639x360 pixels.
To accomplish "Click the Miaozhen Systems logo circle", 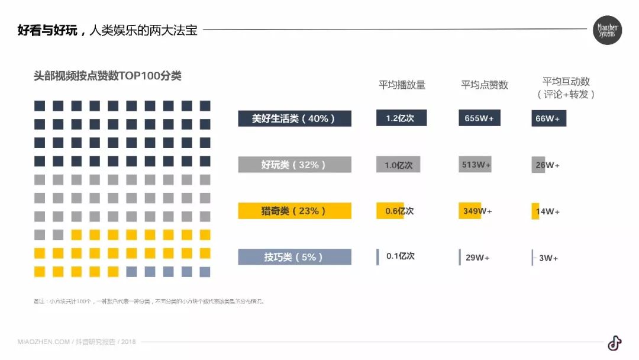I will pyautogui.click(x=607, y=30).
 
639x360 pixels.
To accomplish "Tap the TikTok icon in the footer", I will pyautogui.click(x=614, y=343).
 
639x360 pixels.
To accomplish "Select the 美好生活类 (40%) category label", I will pyautogui.click(x=295, y=118).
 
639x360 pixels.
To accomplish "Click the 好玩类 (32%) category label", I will pyautogui.click(x=295, y=165).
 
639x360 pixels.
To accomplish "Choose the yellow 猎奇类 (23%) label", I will pyautogui.click(x=295, y=211).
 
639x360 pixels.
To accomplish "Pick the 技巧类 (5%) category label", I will pyautogui.click(x=295, y=257).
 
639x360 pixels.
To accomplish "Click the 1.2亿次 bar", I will pyautogui.click(x=401, y=118).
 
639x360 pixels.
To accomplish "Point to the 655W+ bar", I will pyautogui.click(x=479, y=118).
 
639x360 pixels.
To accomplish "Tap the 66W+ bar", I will pyautogui.click(x=548, y=118).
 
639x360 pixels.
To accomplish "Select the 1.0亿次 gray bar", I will pyautogui.click(x=398, y=165).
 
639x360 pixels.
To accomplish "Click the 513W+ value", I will pyautogui.click(x=476, y=165).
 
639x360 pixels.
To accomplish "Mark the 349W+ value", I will pyautogui.click(x=477, y=211).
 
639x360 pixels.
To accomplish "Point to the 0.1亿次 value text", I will pyautogui.click(x=401, y=256).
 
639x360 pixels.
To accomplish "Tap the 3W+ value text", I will pyautogui.click(x=548, y=258).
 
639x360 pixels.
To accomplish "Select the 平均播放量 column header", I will pyautogui.click(x=402, y=85).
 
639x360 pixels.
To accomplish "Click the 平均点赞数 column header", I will pyautogui.click(x=484, y=85).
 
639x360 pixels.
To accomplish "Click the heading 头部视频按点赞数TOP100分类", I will pyautogui.click(x=108, y=76).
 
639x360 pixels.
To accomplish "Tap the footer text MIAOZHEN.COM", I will pyautogui.click(x=44, y=342).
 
